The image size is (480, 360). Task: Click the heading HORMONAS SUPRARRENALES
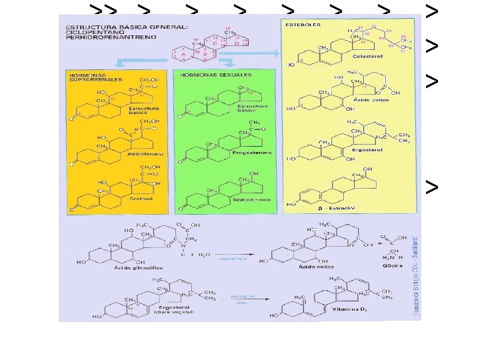[89, 77]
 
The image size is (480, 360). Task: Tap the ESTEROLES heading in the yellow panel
[303, 25]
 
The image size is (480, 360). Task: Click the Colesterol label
[363, 57]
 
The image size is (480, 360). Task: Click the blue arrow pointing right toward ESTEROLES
[261, 51]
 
